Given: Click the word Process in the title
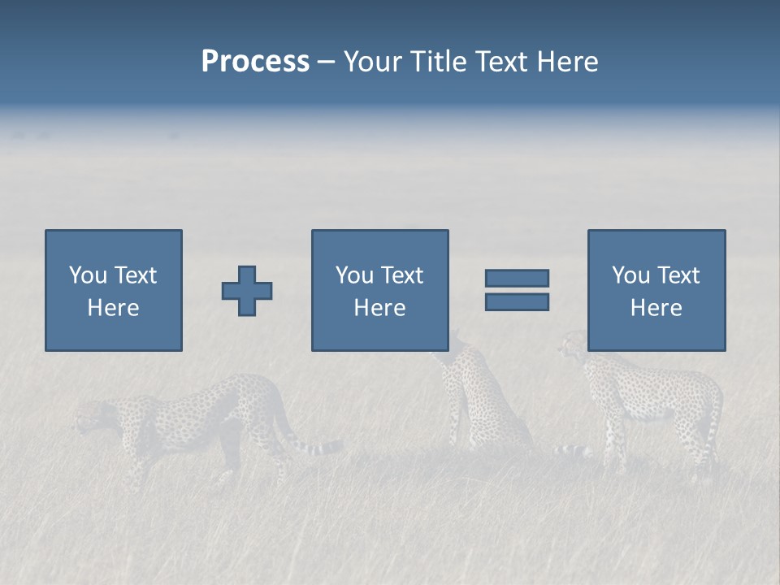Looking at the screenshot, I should (x=255, y=62).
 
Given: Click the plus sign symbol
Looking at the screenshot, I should (x=247, y=291).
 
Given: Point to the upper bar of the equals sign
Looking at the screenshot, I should (x=517, y=278).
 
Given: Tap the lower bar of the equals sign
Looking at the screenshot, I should (x=517, y=302).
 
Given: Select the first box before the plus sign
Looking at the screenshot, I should (x=114, y=290).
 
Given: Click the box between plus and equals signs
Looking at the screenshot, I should (x=379, y=290).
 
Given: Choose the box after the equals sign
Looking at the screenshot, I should (x=656, y=290).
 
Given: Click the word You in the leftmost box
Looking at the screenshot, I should (x=87, y=275).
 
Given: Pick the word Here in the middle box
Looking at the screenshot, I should (x=379, y=308).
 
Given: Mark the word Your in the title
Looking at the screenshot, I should (x=374, y=62).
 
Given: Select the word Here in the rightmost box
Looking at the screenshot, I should (x=656, y=308).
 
